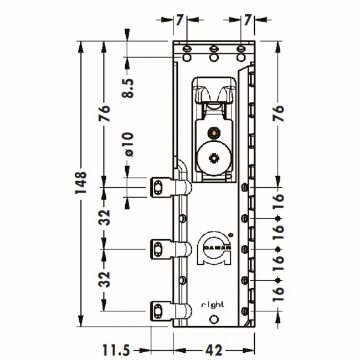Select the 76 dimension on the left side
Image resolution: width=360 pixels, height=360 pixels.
click(x=105, y=113)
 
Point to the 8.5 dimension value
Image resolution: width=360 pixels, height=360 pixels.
click(x=128, y=87)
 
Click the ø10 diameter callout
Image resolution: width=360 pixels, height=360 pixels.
click(x=128, y=143)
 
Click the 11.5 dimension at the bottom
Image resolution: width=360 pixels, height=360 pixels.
click(x=116, y=350)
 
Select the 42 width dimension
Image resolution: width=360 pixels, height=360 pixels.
click(x=214, y=350)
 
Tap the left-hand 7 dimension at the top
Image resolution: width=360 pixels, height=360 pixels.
click(x=179, y=20)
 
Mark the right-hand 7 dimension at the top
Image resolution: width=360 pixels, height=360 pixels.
click(x=248, y=20)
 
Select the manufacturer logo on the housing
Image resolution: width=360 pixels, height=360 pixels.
click(x=214, y=249)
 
